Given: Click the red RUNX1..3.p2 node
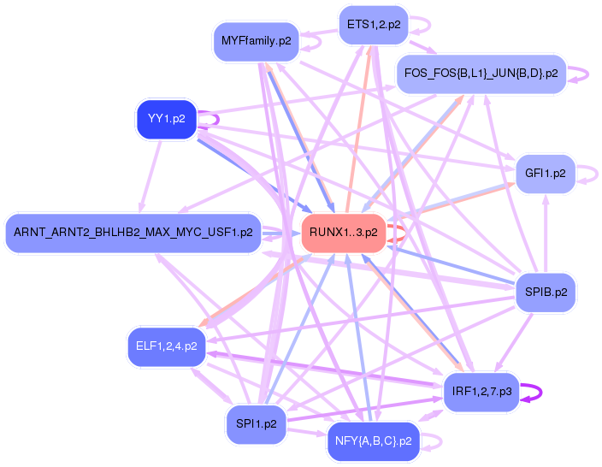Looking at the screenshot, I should click(x=343, y=233).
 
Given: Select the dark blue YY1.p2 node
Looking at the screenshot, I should click(x=167, y=119).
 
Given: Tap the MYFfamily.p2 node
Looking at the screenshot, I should click(x=255, y=40).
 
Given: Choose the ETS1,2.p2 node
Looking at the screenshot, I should click(x=373, y=25).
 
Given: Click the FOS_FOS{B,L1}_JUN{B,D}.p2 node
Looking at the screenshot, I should click(x=480, y=74).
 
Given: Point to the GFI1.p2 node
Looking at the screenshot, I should click(x=546, y=174).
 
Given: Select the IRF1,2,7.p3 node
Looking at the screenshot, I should click(x=481, y=392).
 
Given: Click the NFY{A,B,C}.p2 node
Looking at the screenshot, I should click(x=373, y=441).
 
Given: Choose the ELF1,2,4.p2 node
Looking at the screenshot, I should click(x=167, y=346).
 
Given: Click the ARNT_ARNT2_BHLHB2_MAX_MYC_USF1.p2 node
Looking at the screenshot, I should click(x=133, y=233).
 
